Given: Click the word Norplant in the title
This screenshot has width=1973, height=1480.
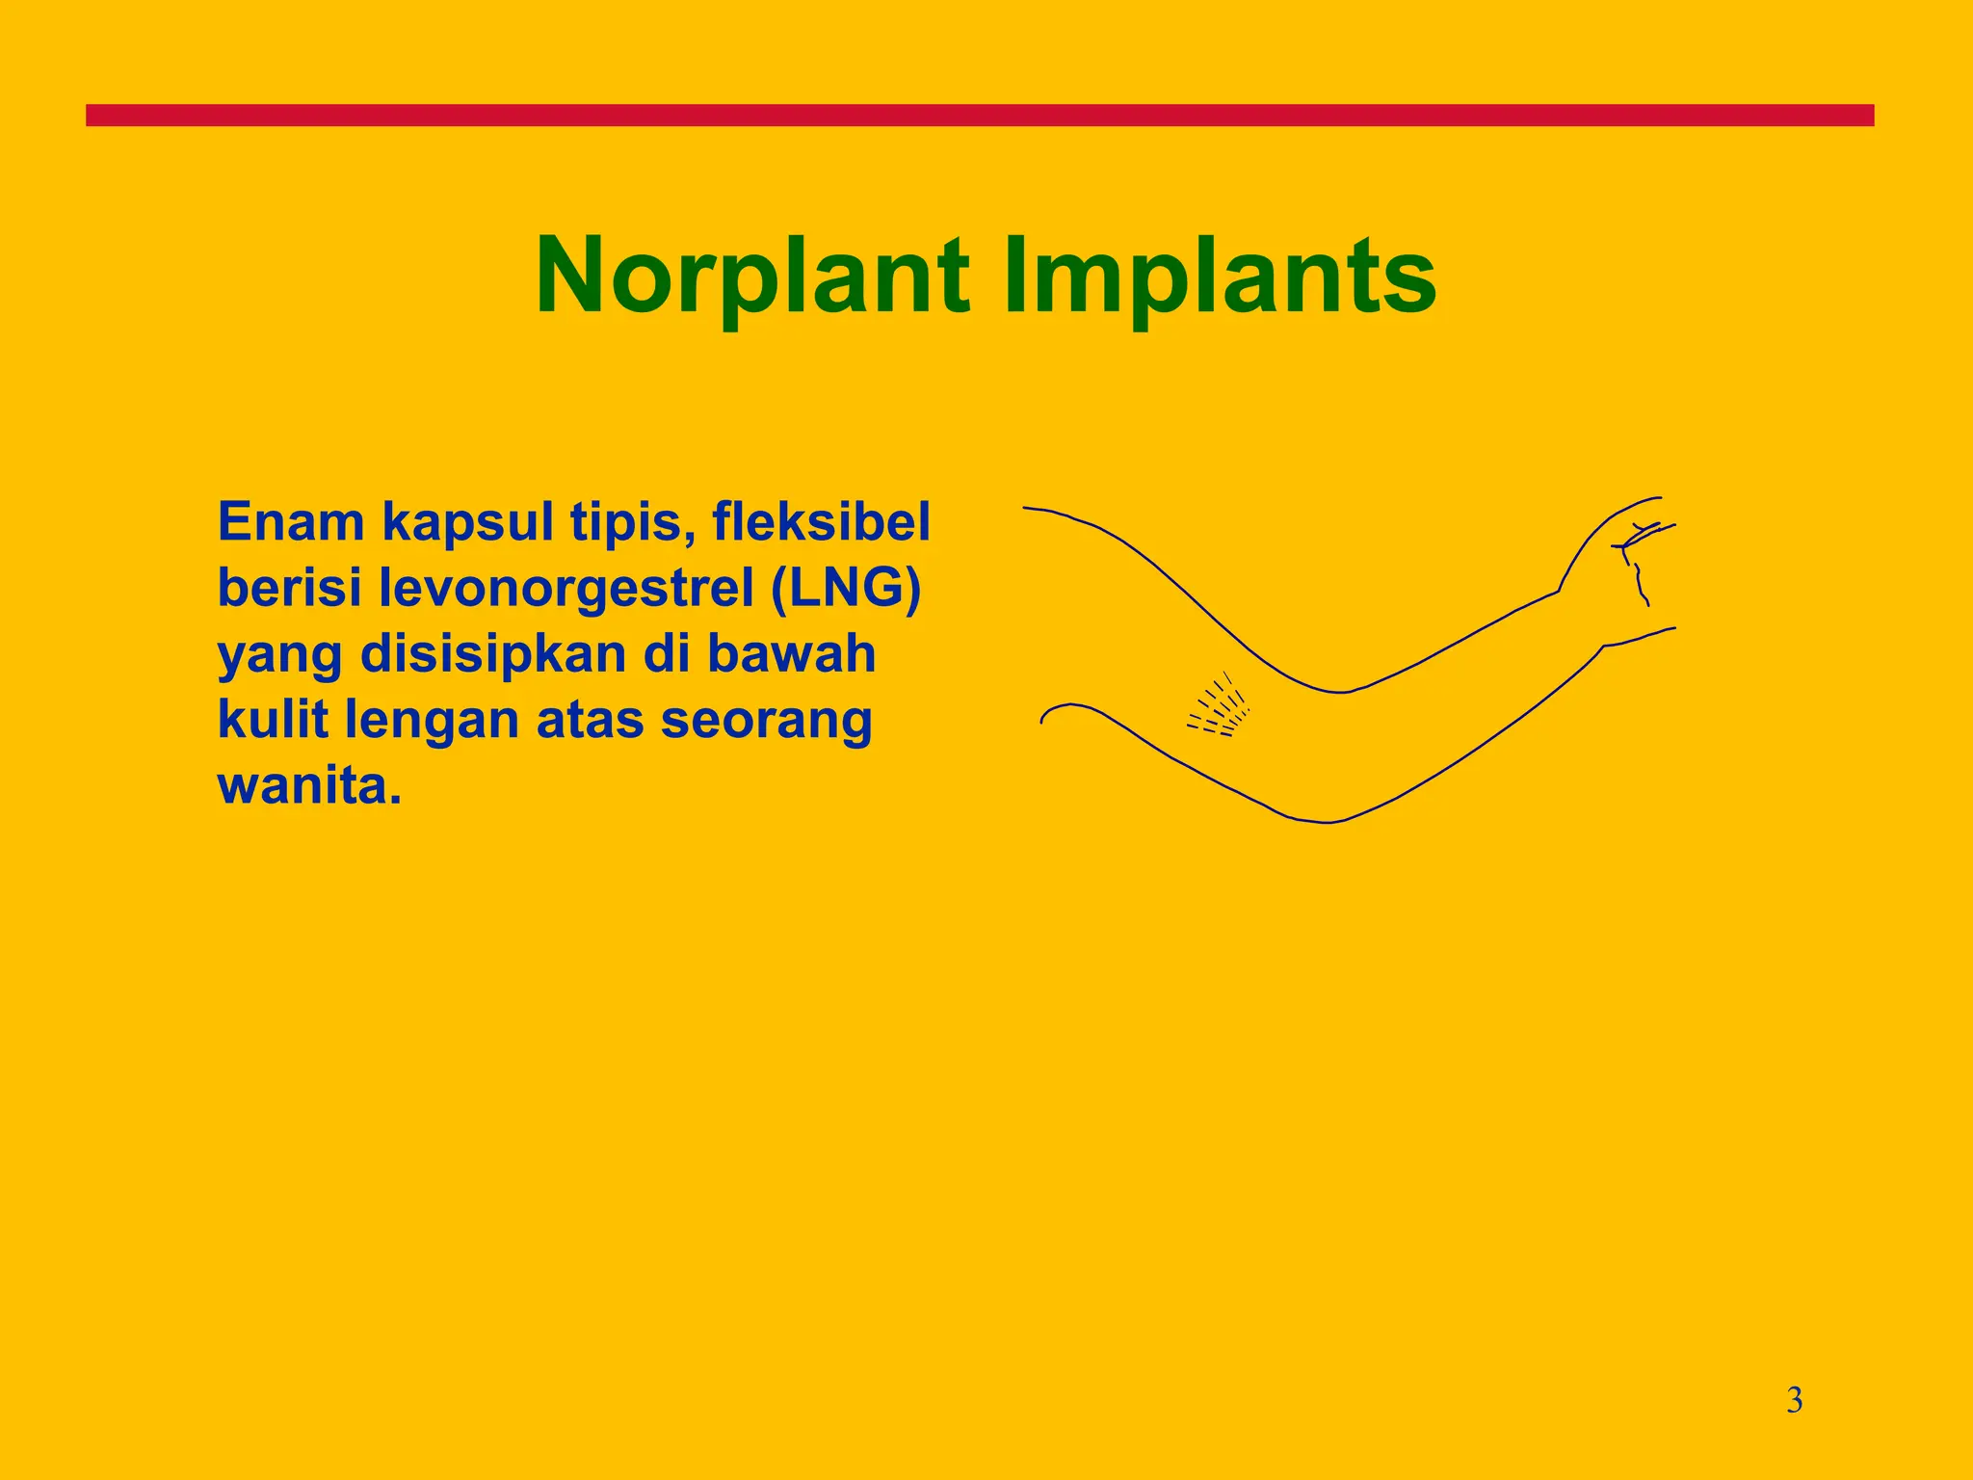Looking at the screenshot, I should click(752, 277).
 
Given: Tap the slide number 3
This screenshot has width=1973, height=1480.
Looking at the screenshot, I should click(1794, 1400).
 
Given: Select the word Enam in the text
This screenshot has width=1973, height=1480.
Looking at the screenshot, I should click(291, 522).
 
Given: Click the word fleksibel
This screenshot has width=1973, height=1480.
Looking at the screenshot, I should click(821, 522).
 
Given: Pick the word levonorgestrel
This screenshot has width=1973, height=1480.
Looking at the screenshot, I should click(566, 590).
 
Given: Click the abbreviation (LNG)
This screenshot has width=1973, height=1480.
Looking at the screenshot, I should click(846, 589).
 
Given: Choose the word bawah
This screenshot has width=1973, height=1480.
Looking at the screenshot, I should click(791, 653).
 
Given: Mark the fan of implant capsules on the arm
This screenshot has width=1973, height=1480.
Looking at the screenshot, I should click(1219, 708).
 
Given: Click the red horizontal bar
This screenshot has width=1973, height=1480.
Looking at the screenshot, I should click(980, 116).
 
